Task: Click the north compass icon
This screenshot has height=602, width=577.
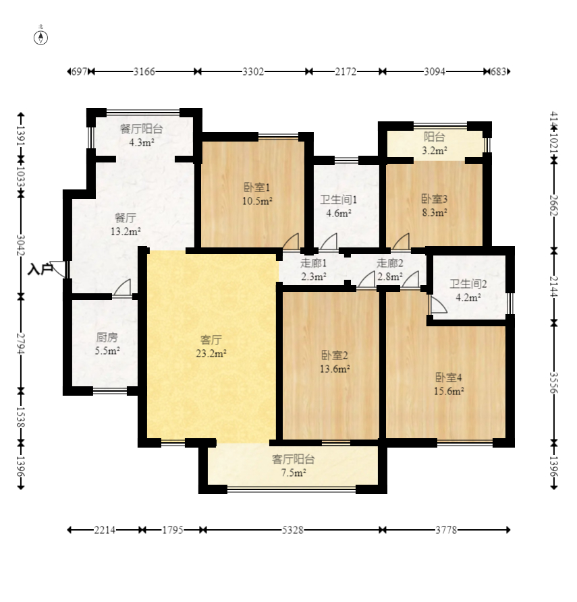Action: point(40,38)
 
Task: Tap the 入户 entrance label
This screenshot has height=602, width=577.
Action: point(40,269)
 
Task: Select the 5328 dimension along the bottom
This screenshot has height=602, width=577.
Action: point(292,531)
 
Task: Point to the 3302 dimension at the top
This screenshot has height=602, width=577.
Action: point(253,71)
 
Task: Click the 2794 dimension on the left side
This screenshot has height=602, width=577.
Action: point(21,343)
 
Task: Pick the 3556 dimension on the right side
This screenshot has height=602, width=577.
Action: point(553,383)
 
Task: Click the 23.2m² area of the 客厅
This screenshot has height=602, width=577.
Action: point(211,353)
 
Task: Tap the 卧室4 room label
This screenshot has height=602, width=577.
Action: point(449,378)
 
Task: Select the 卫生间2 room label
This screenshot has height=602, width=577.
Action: point(468,284)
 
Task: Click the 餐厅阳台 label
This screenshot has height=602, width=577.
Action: point(142,129)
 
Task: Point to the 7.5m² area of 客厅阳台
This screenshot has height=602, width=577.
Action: point(294,473)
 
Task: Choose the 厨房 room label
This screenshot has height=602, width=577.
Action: point(107,338)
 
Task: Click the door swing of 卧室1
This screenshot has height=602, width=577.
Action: point(291,241)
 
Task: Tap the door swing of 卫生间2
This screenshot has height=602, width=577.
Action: point(438,305)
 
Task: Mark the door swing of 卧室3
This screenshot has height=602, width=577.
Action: point(401,241)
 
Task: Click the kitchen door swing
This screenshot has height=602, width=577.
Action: point(122,287)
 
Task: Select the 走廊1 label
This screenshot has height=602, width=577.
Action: point(313,264)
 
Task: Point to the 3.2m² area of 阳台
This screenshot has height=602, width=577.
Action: point(435,150)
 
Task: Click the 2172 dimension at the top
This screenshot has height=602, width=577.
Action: point(346,71)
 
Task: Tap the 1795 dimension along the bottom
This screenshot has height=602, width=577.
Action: point(173,531)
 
